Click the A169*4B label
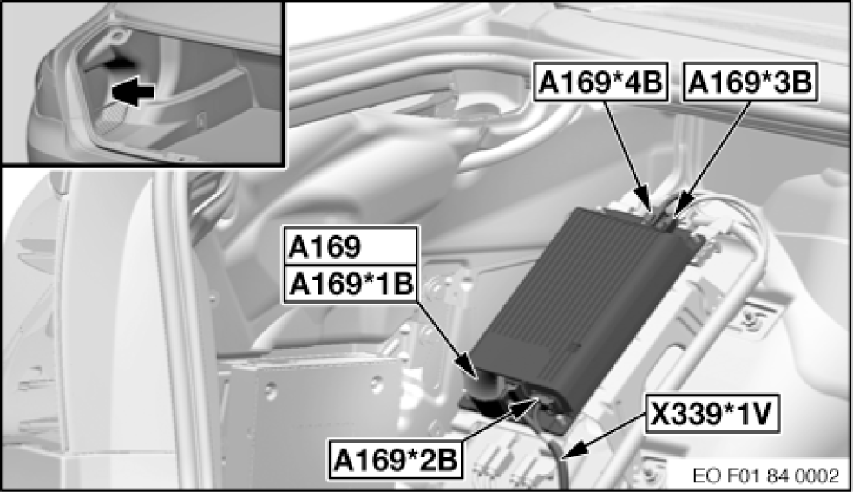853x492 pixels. click(x=600, y=82)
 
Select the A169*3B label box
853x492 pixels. click(x=750, y=82)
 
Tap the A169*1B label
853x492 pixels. click(x=351, y=284)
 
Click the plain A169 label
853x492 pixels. click(x=351, y=246)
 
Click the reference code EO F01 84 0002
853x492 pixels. click(x=766, y=476)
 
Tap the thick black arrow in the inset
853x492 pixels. click(x=132, y=92)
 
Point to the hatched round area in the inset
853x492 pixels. click(x=112, y=116)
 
